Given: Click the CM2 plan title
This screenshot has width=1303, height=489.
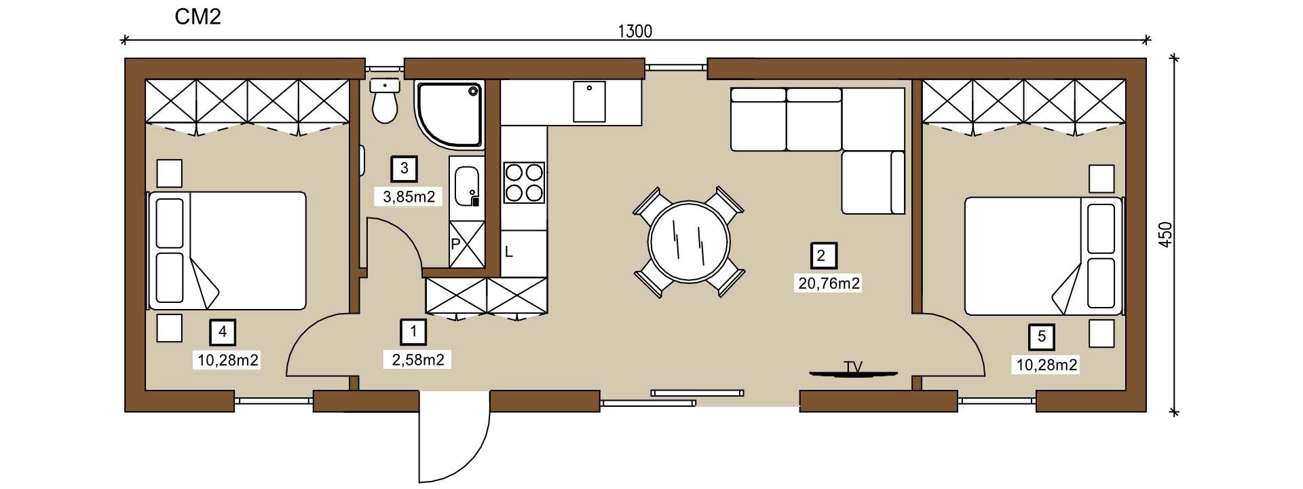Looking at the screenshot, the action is pyautogui.click(x=198, y=17).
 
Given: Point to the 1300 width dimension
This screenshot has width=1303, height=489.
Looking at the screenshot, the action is pyautogui.click(x=635, y=31).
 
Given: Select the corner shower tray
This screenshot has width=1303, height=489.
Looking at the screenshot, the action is pyautogui.click(x=449, y=115).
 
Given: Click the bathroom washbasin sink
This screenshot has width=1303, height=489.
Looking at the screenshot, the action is pyautogui.click(x=467, y=186).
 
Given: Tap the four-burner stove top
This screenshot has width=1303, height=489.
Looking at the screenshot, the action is pyautogui.click(x=523, y=182).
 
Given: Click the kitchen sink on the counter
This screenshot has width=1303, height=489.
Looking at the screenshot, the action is pyautogui.click(x=589, y=101).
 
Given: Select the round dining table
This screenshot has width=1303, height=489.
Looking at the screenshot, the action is pyautogui.click(x=690, y=242).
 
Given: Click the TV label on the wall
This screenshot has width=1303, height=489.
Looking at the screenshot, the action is pyautogui.click(x=853, y=367).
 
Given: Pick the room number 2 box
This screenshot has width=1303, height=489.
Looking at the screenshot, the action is pyautogui.click(x=824, y=256).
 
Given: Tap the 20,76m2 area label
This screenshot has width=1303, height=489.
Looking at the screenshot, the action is pyautogui.click(x=829, y=283).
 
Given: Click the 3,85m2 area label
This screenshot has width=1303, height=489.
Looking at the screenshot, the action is pyautogui.click(x=409, y=197).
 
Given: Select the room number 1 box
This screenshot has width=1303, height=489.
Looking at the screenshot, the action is pyautogui.click(x=413, y=332).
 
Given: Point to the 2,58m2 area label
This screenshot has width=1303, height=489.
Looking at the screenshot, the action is pyautogui.click(x=418, y=359).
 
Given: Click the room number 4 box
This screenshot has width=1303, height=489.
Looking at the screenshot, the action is pyautogui.click(x=223, y=332).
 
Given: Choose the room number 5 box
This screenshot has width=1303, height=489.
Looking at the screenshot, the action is pyautogui.click(x=1042, y=337).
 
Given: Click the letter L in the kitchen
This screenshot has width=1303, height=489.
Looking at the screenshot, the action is pyautogui.click(x=508, y=252).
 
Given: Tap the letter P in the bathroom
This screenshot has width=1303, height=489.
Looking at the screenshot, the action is pyautogui.click(x=455, y=243).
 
